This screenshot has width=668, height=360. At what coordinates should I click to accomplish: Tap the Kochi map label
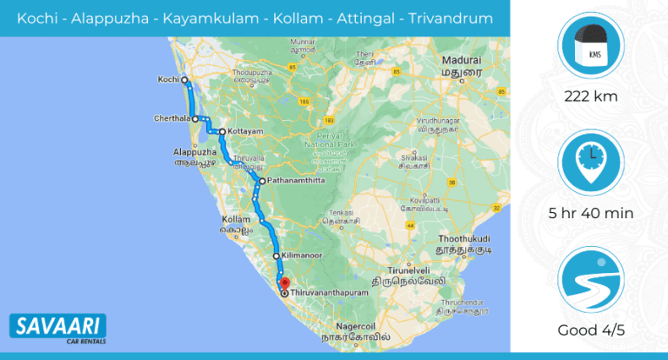tap(167, 80)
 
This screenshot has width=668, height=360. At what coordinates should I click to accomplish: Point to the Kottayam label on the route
tap(244, 132)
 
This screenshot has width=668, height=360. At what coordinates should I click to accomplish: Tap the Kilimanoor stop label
tap(304, 257)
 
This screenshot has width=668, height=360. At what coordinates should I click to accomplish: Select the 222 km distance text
tap(591, 97)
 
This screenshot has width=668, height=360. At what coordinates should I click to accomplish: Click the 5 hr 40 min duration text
tap(591, 213)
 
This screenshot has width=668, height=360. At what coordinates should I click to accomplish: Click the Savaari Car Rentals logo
tap(57, 330)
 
